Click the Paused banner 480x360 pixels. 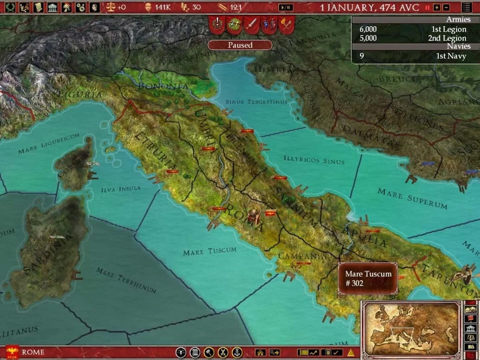pyautogui.click(x=240, y=45)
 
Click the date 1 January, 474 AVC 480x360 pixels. pyautogui.click(x=369, y=7)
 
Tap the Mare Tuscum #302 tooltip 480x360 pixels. pyautogui.click(x=368, y=278)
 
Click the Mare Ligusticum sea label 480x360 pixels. pyautogui.click(x=49, y=143)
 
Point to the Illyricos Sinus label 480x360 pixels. pyautogui.click(x=314, y=160)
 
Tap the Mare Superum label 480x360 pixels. pyautogui.click(x=412, y=198)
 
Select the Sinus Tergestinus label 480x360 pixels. pyautogui.click(x=256, y=101)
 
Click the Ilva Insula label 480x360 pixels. pyautogui.click(x=121, y=189)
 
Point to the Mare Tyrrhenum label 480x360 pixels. pyautogui.click(x=126, y=280)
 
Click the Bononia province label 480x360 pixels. pyautogui.click(x=163, y=86)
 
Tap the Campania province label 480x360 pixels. pyautogui.click(x=302, y=256)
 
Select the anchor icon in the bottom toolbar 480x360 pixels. pyautogui.click(x=237, y=352)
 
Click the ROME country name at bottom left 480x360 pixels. pyautogui.click(x=33, y=352)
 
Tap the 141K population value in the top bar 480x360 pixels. pyautogui.click(x=162, y=7)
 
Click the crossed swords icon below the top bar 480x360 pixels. pyautogui.click(x=252, y=24)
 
